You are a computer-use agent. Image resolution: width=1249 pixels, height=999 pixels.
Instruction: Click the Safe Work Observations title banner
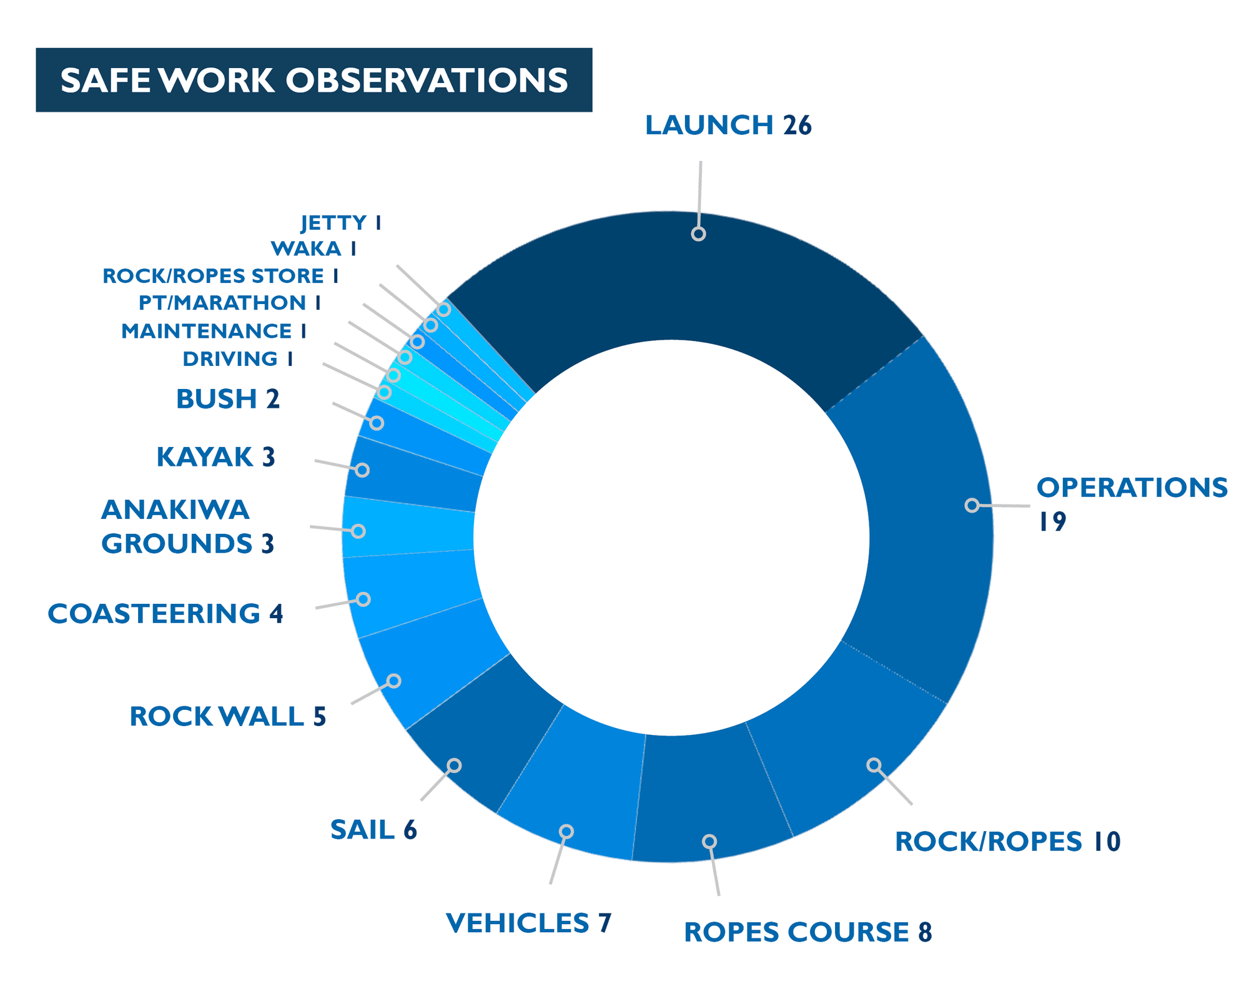[313, 80]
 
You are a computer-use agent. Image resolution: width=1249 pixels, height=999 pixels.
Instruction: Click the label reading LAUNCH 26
[728, 125]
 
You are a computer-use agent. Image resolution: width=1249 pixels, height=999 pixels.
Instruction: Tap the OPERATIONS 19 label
[1130, 503]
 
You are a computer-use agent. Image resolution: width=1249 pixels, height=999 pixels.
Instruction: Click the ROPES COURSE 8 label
[807, 932]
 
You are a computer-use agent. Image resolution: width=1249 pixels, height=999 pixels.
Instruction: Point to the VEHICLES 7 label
[528, 923]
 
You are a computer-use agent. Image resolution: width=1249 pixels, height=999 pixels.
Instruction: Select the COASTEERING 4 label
[165, 614]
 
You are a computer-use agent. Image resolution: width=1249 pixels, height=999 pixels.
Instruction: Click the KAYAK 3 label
[215, 457]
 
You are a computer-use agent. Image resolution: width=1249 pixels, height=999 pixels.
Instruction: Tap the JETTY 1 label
[341, 223]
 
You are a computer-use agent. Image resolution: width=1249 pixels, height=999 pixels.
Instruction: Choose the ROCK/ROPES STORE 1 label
[220, 276]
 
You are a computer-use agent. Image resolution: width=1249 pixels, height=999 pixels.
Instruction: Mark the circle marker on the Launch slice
[698, 234]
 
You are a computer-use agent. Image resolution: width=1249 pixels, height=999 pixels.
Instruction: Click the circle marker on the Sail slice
[454, 765]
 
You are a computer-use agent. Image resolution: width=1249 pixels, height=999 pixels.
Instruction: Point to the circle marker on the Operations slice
[972, 505]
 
